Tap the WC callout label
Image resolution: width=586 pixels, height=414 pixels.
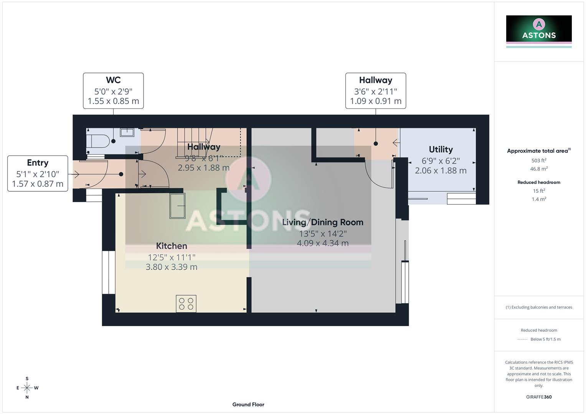[113, 91]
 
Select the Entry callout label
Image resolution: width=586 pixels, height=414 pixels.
[38, 173]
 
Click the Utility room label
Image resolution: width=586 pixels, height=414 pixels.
[441, 149]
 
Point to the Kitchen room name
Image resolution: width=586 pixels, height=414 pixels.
[172, 246]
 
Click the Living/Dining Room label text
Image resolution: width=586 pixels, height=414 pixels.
[322, 222]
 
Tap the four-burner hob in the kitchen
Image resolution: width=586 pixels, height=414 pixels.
[186, 304]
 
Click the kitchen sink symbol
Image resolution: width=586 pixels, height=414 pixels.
[178, 206]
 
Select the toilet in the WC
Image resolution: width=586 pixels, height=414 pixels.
[98, 141]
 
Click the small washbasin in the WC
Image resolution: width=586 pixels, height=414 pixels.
[127, 132]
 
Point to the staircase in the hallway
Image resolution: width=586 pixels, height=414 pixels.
[195, 143]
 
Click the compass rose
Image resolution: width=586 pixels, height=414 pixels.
[27, 388]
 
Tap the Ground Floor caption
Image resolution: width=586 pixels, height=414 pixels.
[248, 404]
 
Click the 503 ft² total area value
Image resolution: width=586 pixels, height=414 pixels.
[539, 161]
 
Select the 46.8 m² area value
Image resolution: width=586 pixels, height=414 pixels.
[539, 169]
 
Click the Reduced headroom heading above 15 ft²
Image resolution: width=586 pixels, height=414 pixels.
[539, 182]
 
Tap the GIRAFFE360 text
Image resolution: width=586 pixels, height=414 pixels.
[539, 397]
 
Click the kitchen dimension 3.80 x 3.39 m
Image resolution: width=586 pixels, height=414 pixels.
[172, 267]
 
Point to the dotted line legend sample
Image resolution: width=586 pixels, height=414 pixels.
[522, 339]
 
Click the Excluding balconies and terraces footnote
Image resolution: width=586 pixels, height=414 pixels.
[539, 307]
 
